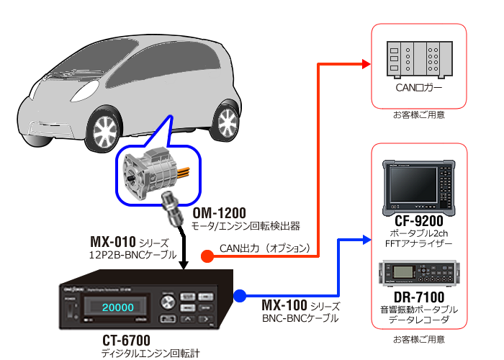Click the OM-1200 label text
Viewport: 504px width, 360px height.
coord(220,213)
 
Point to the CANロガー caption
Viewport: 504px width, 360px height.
coord(418,89)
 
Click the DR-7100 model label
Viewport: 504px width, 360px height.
coord(418,297)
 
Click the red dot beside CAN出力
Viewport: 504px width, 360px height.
coord(206,254)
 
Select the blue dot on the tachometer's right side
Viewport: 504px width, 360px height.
coord(240,295)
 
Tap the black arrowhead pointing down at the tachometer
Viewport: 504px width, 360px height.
coord(184,264)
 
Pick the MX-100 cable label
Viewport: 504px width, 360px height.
coord(289,305)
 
